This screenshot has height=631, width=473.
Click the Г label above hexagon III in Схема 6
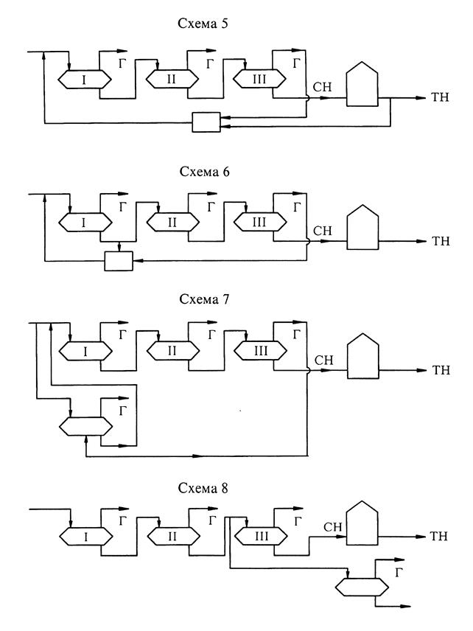pos(295,207)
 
